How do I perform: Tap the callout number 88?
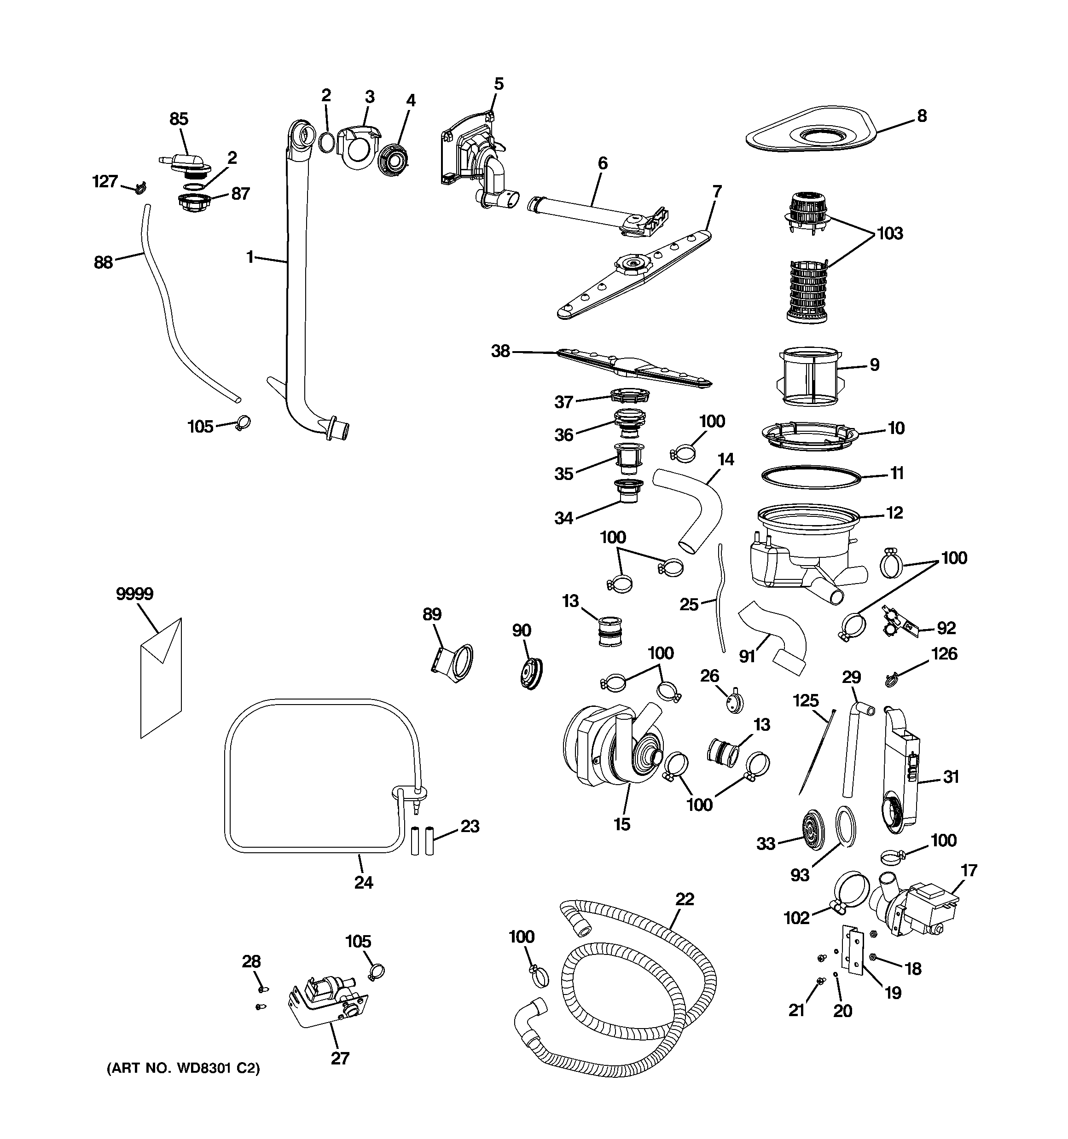point(103,263)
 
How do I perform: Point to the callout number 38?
point(500,351)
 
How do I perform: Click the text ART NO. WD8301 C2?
point(183,1069)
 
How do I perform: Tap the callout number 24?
point(364,882)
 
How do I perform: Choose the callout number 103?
point(890,234)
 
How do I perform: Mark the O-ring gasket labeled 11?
point(811,477)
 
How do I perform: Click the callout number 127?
point(105,182)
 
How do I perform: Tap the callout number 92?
point(946,628)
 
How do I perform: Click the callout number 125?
point(806,701)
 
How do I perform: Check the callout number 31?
point(951,777)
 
